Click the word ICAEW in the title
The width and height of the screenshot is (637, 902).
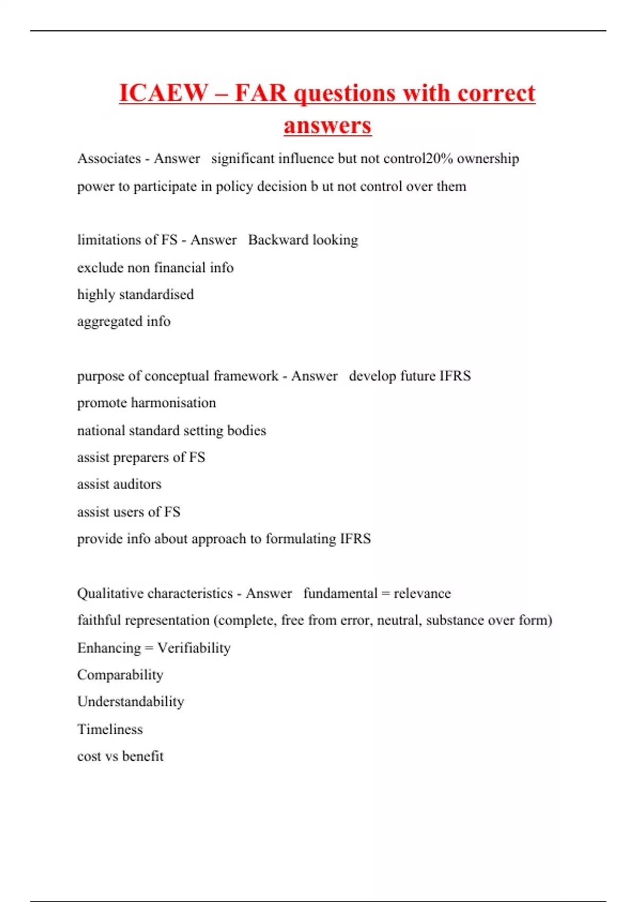point(163,93)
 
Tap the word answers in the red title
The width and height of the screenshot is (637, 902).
point(328,125)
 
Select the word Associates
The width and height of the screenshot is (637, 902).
point(109,159)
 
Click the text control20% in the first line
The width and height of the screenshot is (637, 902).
point(418,159)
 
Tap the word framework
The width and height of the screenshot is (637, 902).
point(246,376)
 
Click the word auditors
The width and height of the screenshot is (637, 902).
point(136,484)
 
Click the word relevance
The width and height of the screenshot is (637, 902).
point(422,593)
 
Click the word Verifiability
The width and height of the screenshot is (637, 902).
point(194,648)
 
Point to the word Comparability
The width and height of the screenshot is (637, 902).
point(120,675)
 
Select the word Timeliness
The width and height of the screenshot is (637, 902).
point(110,729)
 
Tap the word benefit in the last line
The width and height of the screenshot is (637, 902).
point(143,756)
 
